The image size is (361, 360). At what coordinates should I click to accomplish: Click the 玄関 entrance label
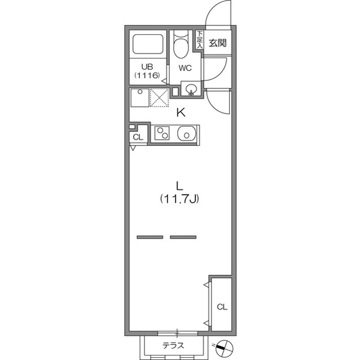[x=218, y=43]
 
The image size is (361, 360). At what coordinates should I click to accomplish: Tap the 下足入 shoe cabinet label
[x=200, y=39]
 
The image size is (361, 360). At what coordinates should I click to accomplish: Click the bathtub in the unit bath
[x=147, y=45]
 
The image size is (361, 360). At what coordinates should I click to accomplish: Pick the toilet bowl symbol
[x=181, y=47]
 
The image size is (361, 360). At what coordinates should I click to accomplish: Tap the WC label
[x=186, y=68]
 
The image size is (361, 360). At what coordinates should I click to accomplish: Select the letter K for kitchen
[x=181, y=112]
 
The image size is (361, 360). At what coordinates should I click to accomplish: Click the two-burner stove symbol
[x=162, y=134]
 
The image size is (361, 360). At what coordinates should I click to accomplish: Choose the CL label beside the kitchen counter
[x=137, y=137]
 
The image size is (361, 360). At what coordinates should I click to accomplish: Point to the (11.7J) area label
[x=179, y=198]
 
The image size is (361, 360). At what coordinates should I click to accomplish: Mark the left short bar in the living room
[x=149, y=237]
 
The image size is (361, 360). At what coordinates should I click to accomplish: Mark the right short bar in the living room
[x=183, y=237]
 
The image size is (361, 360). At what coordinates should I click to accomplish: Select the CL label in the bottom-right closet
[x=222, y=307]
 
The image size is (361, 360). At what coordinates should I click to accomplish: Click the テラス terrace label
[x=173, y=346]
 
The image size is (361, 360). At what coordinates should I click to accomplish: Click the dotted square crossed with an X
[x=160, y=98]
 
